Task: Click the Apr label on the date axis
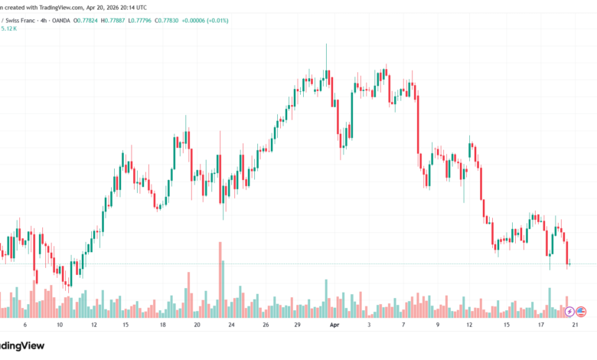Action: coord(334,325)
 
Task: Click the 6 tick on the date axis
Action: coord(24,325)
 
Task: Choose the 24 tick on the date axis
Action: coord(232,325)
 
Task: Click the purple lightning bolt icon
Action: coord(569,312)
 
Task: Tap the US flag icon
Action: coord(581,312)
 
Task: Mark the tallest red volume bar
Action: coord(220,280)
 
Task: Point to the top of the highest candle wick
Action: coord(326,44)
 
